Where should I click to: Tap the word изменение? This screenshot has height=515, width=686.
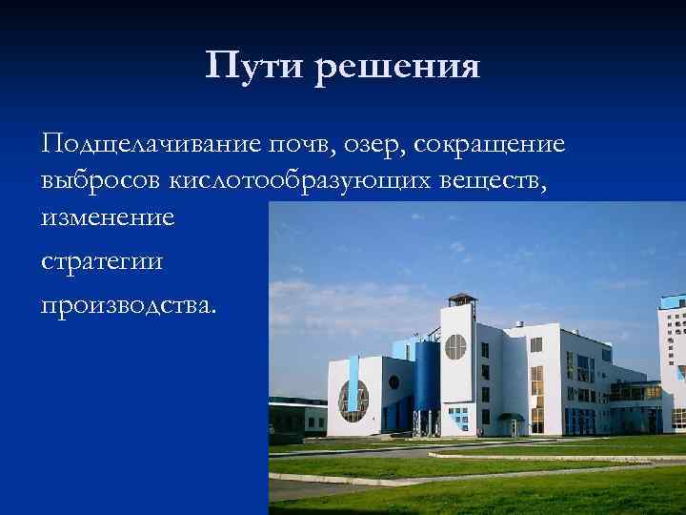(x=108, y=216)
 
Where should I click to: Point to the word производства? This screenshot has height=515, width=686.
(x=129, y=305)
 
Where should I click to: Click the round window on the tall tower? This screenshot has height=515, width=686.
(x=455, y=346)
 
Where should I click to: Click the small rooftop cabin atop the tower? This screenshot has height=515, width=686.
(x=461, y=302)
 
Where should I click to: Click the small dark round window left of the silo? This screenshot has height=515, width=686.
(x=393, y=381)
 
